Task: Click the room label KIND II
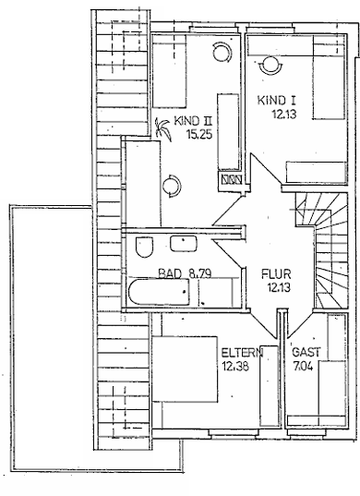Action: pyautogui.click(x=196, y=120)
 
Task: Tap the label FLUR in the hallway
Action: pyautogui.click(x=275, y=273)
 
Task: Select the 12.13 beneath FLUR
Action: pyautogui.click(x=275, y=287)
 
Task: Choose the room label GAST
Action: pyautogui.click(x=306, y=353)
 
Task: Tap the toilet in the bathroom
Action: pyautogui.click(x=144, y=247)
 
